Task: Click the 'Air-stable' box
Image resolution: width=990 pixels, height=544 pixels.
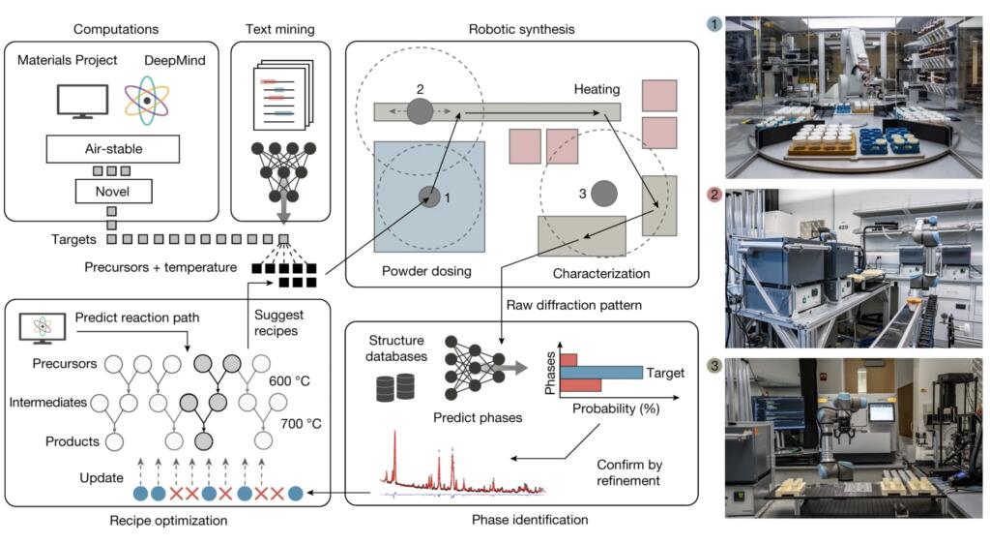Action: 113,148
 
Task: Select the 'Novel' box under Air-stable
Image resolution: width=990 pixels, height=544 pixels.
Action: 113,192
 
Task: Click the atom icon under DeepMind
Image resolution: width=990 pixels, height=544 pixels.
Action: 146,100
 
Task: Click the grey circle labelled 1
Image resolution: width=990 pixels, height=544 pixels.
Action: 428,197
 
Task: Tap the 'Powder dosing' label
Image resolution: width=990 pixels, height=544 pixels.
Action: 426,271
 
